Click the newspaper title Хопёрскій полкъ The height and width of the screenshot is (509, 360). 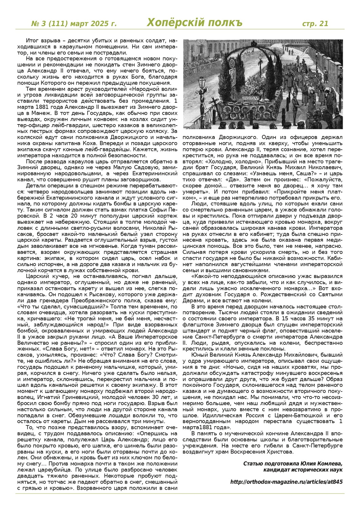[194, 23]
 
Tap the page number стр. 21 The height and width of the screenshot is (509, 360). [315, 23]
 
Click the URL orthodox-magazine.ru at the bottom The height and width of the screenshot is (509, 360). [286, 482]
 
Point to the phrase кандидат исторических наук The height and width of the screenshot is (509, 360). [303, 470]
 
